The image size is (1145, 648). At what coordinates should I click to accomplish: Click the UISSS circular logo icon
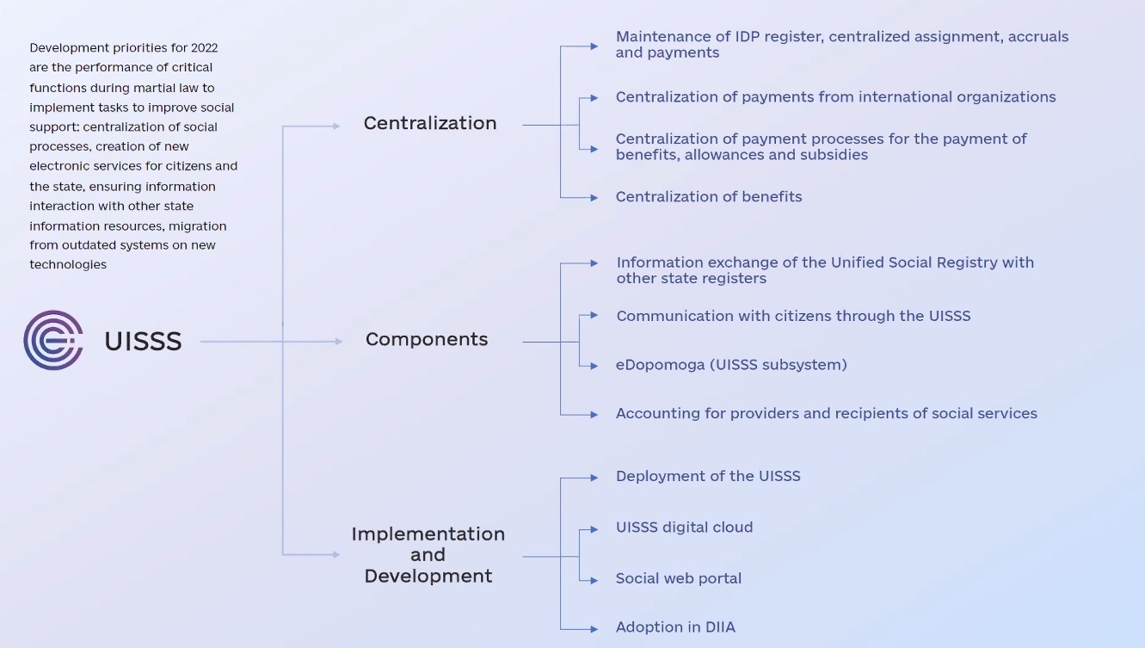(x=53, y=341)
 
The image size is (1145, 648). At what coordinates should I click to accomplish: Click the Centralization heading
(x=430, y=123)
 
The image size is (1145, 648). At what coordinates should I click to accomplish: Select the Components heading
(x=427, y=340)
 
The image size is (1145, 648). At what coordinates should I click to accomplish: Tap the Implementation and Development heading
(x=428, y=555)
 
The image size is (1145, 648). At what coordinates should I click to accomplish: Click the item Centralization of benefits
(x=709, y=197)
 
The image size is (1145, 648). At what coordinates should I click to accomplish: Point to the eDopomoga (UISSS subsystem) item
(x=731, y=365)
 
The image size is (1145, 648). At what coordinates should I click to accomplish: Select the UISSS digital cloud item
(x=684, y=528)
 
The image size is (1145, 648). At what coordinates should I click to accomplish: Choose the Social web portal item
(x=679, y=579)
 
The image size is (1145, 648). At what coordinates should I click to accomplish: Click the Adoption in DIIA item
(x=675, y=627)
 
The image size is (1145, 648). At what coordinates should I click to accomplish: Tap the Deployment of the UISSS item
(x=708, y=477)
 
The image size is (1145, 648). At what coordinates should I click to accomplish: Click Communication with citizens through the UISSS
(x=793, y=316)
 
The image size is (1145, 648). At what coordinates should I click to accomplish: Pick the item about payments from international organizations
(x=835, y=97)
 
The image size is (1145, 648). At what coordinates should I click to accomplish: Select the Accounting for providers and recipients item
(x=826, y=414)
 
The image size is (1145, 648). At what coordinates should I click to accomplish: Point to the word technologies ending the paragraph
(x=68, y=265)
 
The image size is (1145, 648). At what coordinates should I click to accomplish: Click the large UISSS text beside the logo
(x=143, y=342)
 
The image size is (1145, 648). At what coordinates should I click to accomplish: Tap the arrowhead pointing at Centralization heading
(x=336, y=127)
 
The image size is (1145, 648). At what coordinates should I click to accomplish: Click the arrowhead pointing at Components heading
(x=338, y=342)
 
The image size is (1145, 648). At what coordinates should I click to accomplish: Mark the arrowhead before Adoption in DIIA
(x=594, y=629)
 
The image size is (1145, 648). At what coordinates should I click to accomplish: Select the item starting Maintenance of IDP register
(x=841, y=45)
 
